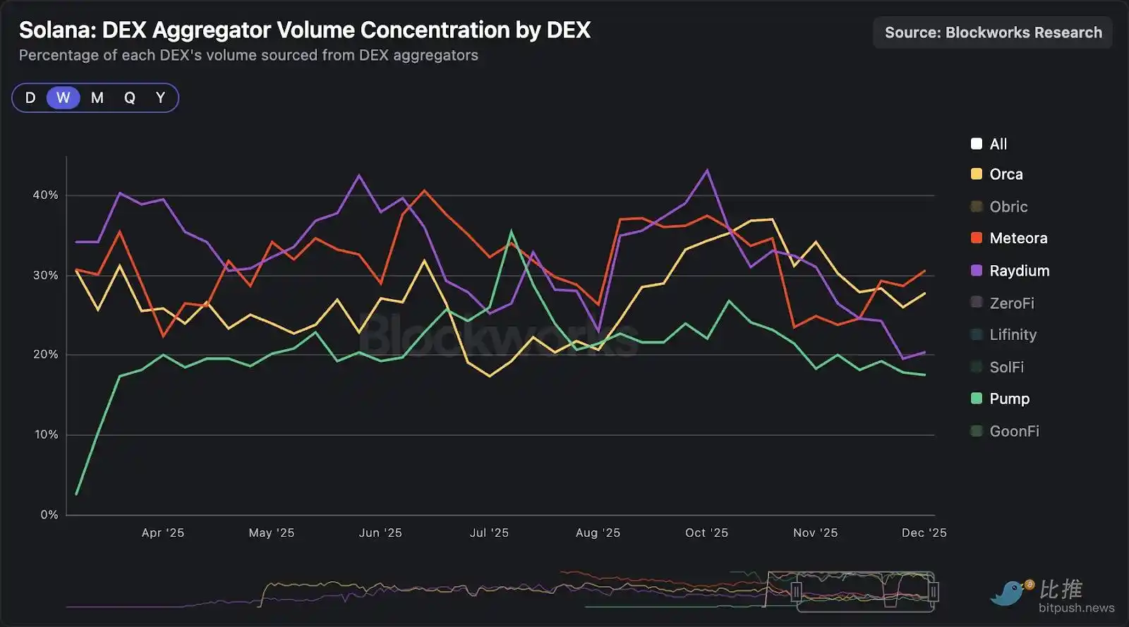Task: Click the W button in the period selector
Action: point(64,98)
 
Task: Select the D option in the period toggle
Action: point(30,98)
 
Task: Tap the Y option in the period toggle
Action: point(160,98)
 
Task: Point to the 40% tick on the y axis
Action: point(46,195)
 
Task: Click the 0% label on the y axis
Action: point(49,515)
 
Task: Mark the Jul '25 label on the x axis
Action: point(489,533)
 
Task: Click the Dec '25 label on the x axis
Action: point(924,533)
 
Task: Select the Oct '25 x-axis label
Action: point(706,533)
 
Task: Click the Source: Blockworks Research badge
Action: point(993,32)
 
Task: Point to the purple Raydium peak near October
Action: point(707,170)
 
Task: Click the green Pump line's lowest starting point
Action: point(76,494)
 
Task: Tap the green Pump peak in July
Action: point(512,231)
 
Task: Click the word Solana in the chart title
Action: point(56,30)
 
